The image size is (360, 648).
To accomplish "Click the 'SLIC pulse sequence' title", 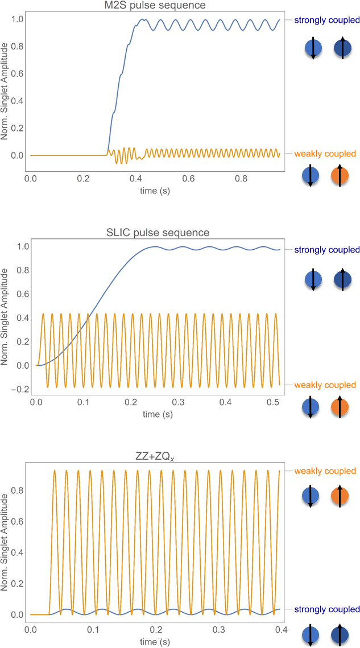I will (x=158, y=232).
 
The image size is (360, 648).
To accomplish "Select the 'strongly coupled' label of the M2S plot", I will (x=326, y=20).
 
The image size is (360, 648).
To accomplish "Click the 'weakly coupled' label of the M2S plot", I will (x=325, y=154).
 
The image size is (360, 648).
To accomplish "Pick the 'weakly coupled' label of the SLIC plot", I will (x=325, y=385).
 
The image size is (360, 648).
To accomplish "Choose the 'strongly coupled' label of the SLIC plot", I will (x=326, y=250).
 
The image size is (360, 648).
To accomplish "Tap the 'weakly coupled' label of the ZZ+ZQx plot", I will (x=325, y=471).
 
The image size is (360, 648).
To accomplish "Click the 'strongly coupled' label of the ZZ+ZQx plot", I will (x=326, y=609).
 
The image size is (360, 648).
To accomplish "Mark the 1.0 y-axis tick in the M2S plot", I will (x=18, y=19).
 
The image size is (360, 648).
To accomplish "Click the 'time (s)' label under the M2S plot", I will (x=155, y=191).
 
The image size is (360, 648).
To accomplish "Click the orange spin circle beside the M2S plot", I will (x=341, y=176).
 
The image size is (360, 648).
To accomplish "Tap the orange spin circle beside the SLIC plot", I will (x=341, y=408).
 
